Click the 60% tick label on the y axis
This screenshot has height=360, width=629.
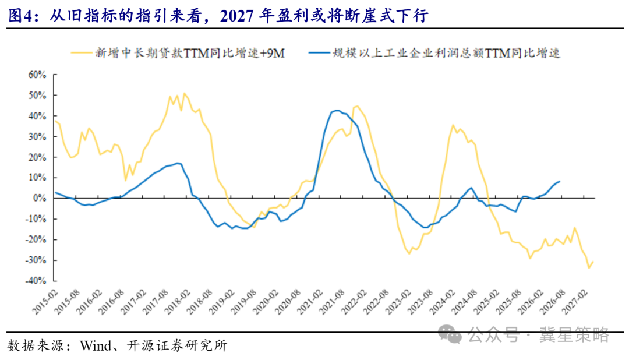coord(37,75)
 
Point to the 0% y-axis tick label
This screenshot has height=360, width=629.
coord(40,198)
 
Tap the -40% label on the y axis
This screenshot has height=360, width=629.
coord(36,281)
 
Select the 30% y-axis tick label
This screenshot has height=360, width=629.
coord(37,137)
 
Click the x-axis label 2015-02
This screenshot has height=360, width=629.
coord(45,302)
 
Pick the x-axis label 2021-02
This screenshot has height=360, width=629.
coord(310,302)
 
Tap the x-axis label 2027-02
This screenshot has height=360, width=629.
coord(575,302)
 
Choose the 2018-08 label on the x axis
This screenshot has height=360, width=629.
coord(200,302)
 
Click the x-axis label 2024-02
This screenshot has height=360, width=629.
coord(443,302)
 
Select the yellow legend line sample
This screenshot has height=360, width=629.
coord(82,52)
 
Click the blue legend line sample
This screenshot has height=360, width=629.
coord(319,52)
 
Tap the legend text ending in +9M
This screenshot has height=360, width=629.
coord(190,53)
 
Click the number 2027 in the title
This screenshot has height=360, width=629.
coord(236,16)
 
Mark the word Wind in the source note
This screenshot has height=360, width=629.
coord(96,345)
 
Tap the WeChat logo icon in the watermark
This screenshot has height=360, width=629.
coord(450,334)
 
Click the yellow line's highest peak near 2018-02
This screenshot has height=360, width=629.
coord(184,94)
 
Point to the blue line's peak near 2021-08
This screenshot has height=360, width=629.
coord(337,110)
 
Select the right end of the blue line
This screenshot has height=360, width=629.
coord(560,181)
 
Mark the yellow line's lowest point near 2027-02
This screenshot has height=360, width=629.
coord(589,268)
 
